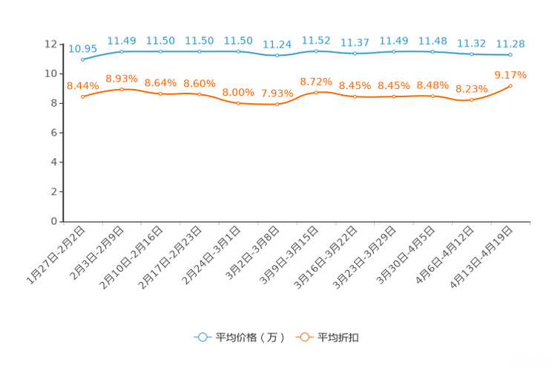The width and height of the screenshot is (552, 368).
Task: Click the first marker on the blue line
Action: tap(82, 59)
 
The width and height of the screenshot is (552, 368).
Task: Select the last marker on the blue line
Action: tap(510, 55)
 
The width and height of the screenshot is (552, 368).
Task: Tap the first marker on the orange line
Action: tap(82, 97)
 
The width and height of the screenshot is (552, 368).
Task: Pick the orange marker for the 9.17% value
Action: tap(510, 85)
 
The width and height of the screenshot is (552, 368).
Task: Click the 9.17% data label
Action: tap(510, 74)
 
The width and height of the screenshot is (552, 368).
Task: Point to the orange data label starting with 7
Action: tap(277, 93)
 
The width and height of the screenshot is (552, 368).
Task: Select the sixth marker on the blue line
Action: tap(277, 56)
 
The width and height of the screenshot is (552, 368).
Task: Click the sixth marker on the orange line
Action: tap(277, 105)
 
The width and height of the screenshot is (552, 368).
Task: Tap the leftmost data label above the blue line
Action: tap(82, 49)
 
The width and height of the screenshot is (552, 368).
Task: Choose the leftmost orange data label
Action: tap(82, 86)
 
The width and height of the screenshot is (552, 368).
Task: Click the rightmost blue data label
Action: tap(510, 44)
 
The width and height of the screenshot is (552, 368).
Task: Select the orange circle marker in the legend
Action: tap(304, 337)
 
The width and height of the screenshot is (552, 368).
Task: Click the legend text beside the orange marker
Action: tap(339, 338)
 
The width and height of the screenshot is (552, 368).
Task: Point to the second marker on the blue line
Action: tap(122, 51)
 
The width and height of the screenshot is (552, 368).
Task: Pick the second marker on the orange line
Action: tap(122, 89)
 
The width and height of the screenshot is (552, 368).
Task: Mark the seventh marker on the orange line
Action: tap(317, 93)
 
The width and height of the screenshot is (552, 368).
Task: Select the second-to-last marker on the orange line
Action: tap(471, 100)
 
